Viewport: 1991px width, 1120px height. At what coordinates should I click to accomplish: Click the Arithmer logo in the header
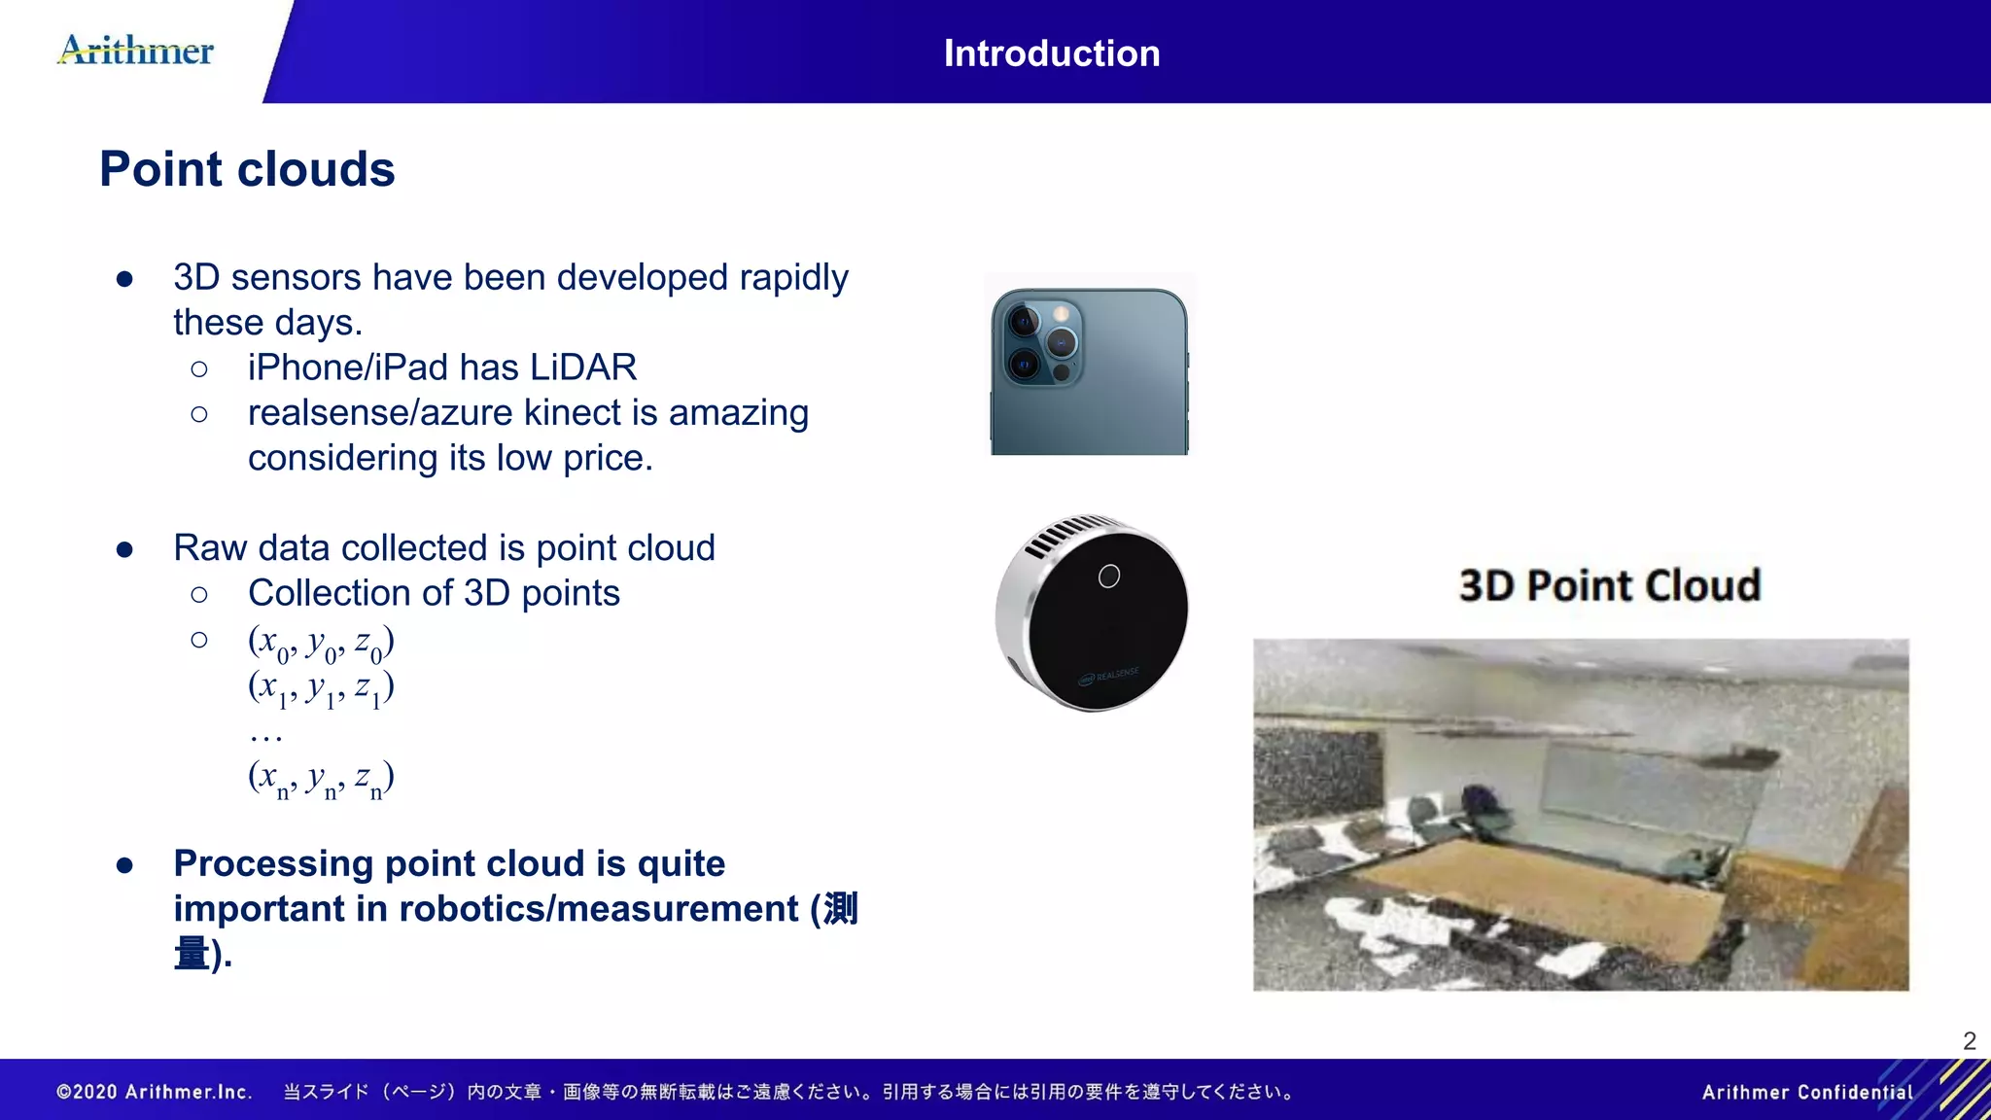136,50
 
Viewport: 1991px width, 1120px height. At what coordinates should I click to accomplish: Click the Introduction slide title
1051,53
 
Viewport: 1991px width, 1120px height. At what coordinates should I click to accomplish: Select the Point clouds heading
247,169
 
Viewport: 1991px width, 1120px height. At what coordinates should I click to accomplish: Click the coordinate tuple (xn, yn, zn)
321,778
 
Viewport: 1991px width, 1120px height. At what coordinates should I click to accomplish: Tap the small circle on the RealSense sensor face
1108,577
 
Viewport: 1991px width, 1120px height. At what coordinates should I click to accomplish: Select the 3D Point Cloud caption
1609,585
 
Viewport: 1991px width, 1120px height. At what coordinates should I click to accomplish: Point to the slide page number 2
1969,1041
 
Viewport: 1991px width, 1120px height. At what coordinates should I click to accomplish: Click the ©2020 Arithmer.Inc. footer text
155,1092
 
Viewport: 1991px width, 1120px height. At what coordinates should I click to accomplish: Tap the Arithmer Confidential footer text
1806,1092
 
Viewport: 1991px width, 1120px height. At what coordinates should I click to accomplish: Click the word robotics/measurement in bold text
599,909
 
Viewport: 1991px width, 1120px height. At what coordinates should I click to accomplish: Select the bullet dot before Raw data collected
124,549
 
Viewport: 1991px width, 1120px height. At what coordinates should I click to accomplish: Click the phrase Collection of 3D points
434,593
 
